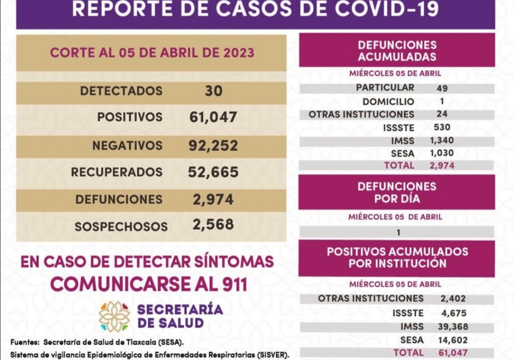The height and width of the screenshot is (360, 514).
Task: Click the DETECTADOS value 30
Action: (213, 90)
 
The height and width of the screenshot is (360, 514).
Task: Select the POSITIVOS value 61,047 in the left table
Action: (213, 117)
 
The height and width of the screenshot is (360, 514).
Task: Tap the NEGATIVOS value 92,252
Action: (213, 145)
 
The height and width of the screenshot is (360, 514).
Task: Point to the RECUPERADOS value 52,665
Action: (213, 172)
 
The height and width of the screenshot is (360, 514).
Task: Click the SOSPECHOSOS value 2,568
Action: (213, 224)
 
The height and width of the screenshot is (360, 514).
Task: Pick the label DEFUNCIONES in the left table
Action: (119, 200)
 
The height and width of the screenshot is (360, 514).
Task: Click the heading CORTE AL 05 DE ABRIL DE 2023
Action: (152, 52)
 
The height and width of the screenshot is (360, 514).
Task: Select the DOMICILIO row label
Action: (388, 101)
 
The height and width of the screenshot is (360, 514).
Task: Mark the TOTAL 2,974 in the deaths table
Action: (441, 166)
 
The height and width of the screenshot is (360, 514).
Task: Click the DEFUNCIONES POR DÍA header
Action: (396, 192)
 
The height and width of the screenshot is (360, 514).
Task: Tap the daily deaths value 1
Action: (398, 233)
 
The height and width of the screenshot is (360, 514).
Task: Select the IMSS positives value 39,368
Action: (453, 327)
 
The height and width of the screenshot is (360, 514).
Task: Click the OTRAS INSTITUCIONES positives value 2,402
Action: (453, 299)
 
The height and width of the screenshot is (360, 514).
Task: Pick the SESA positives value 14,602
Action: (453, 340)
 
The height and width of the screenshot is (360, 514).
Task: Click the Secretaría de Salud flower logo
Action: (114, 316)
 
